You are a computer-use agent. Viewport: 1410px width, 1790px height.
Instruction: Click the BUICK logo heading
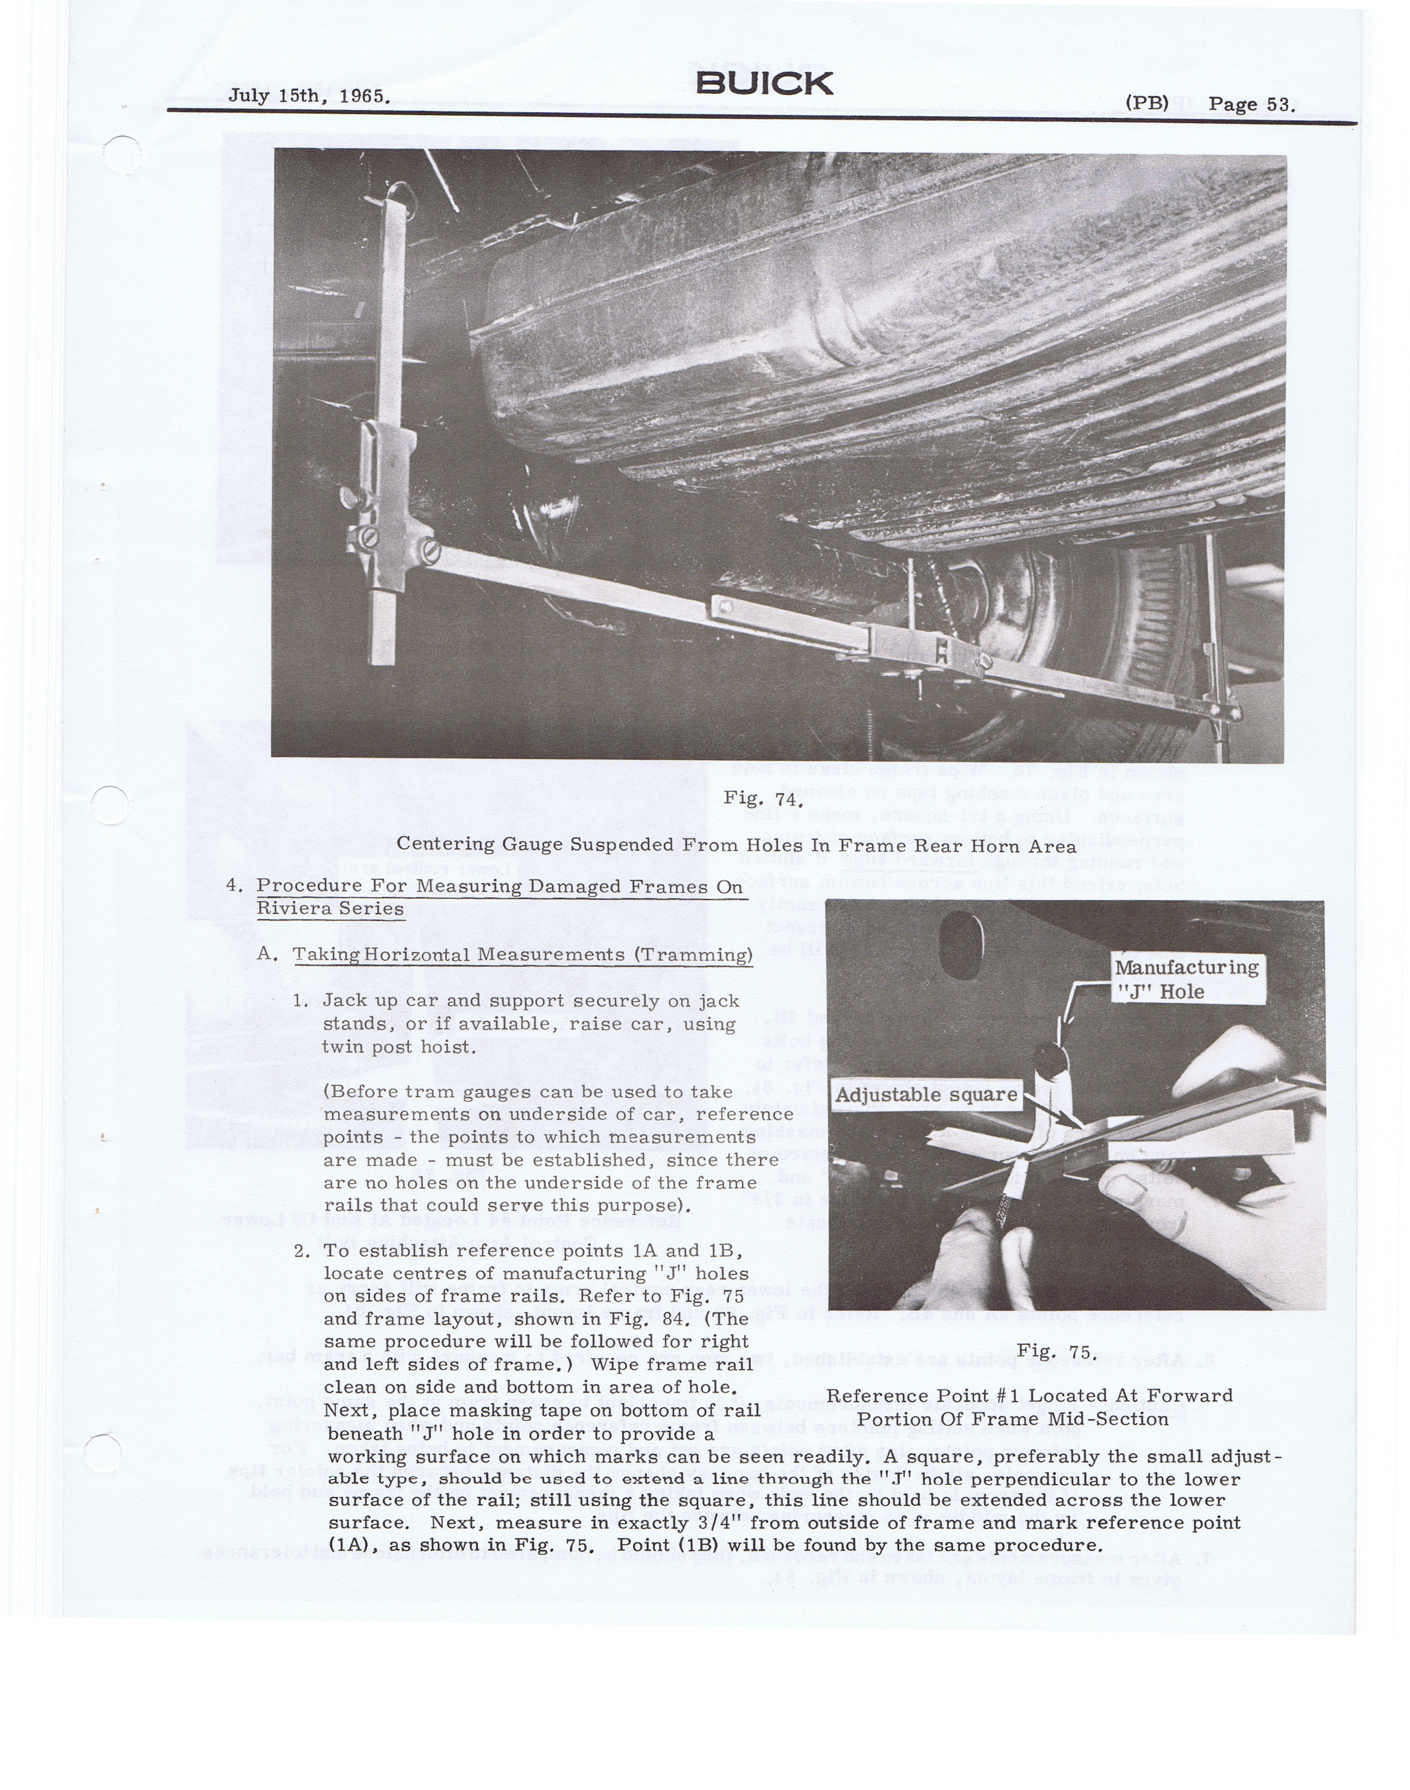(x=764, y=83)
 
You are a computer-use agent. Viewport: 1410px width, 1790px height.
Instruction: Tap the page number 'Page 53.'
(x=1251, y=105)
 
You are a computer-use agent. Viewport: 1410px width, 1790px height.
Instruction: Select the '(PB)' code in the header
(x=1147, y=103)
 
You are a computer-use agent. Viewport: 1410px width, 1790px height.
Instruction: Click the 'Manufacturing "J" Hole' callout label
(x=1186, y=979)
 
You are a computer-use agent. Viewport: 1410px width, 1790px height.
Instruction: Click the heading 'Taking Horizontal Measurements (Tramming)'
(x=522, y=955)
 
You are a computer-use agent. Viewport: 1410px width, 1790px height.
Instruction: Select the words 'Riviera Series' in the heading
(x=330, y=909)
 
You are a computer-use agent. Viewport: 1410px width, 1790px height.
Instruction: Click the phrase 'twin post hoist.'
(x=398, y=1047)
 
